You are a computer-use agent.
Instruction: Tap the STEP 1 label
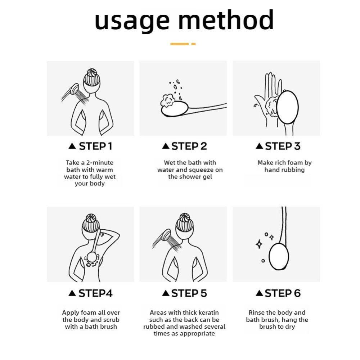[95, 146]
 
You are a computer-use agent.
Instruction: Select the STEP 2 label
[189, 146]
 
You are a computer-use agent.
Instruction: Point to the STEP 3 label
[283, 146]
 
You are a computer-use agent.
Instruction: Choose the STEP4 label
[95, 293]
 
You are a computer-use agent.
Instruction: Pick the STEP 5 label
[189, 293]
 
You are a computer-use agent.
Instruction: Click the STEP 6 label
[283, 293]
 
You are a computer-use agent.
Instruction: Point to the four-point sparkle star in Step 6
[258, 244]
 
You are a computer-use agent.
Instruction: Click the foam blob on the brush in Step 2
[168, 100]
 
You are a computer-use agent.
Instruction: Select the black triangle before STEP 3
[258, 146]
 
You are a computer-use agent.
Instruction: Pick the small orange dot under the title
[193, 44]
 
